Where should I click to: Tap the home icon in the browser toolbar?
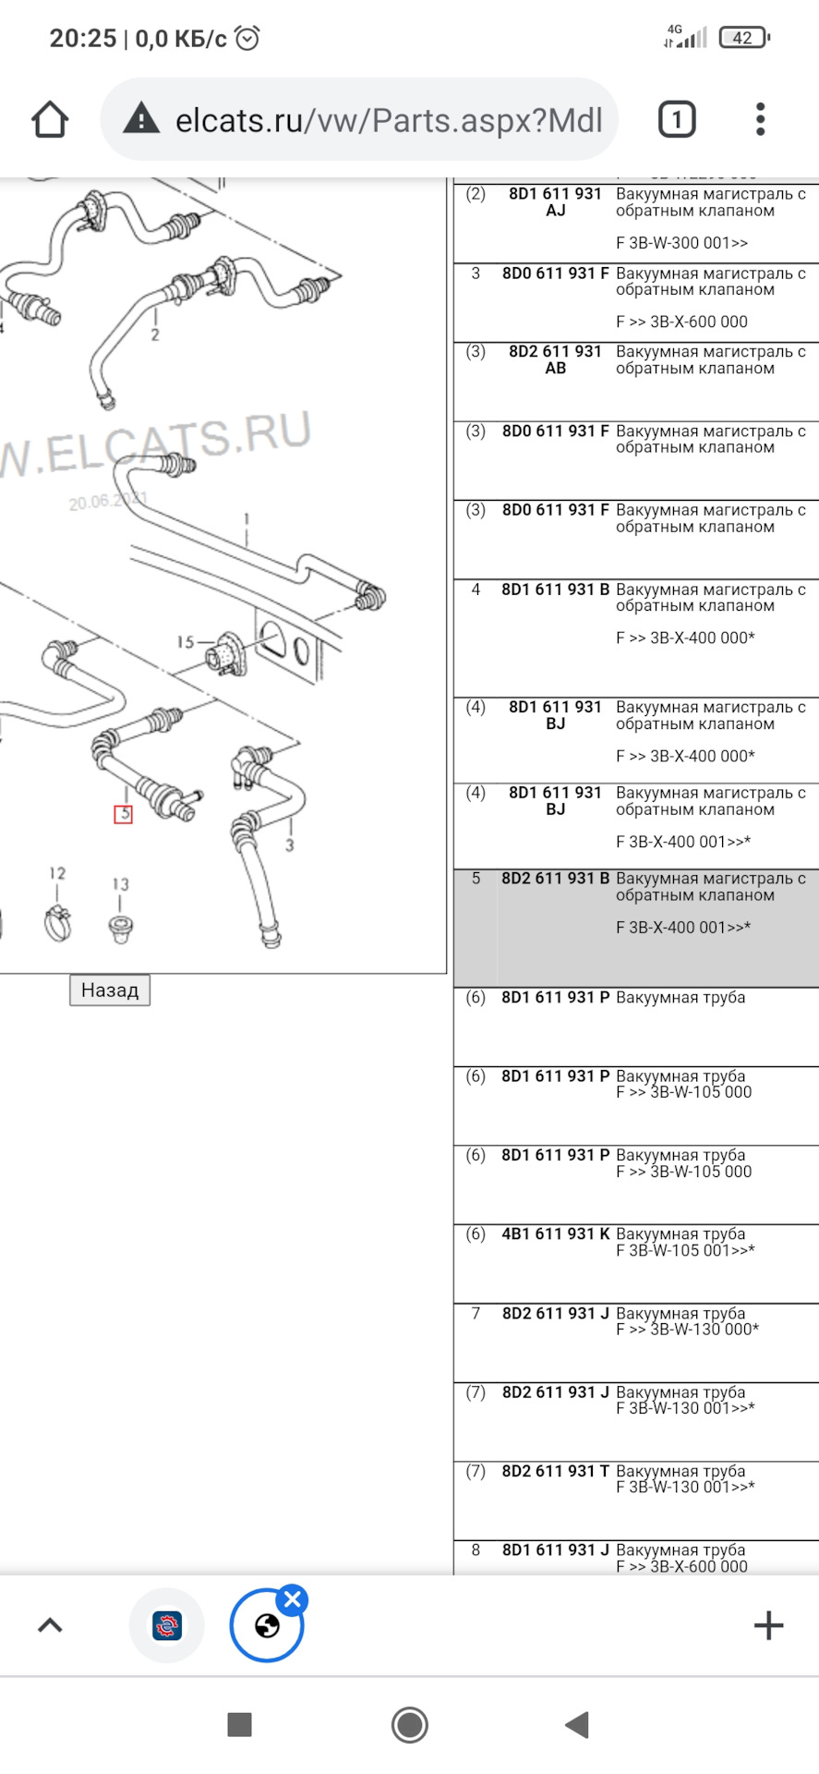coord(50,120)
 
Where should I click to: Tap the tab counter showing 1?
coord(677,120)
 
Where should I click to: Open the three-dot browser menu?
coord(760,120)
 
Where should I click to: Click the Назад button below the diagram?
coord(110,990)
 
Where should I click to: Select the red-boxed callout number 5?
coord(123,814)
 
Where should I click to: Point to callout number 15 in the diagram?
coord(185,641)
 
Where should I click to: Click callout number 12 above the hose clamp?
coord(57,873)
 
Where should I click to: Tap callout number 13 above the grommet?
coord(121,884)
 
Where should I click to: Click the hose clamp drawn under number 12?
coord(58,923)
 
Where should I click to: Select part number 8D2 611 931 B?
coord(556,879)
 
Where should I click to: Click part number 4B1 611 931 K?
coord(556,1234)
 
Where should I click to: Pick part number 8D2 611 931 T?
coord(556,1471)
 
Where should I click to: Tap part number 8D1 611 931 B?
coord(556,589)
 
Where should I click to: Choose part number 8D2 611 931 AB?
coord(556,359)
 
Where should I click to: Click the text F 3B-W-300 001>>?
coord(682,243)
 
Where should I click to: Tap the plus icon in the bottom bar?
coord(768,1625)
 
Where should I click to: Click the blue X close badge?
coord(293,1599)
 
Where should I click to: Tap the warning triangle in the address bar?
coord(141,119)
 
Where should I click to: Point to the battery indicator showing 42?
coord(744,38)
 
